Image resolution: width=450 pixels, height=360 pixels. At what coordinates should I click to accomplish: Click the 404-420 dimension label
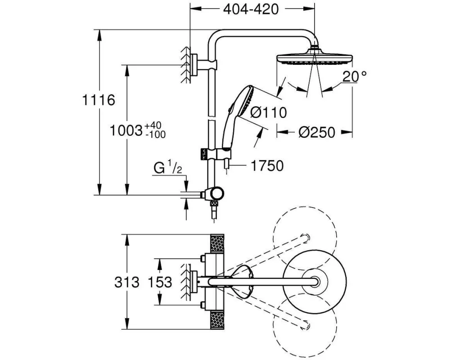coord(251,9)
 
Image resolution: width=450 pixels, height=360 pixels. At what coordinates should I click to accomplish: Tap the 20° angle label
coord(354,76)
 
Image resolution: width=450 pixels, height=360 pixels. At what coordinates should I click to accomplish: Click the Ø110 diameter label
coord(269,112)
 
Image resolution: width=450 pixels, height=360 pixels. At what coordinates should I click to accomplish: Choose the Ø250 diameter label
coord(317,132)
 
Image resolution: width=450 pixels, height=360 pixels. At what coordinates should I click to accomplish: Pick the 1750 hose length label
coord(267,166)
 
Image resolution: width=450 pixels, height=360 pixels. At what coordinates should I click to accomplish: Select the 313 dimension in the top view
coord(127,283)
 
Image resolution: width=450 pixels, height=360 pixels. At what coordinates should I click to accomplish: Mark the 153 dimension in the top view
coord(159,283)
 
